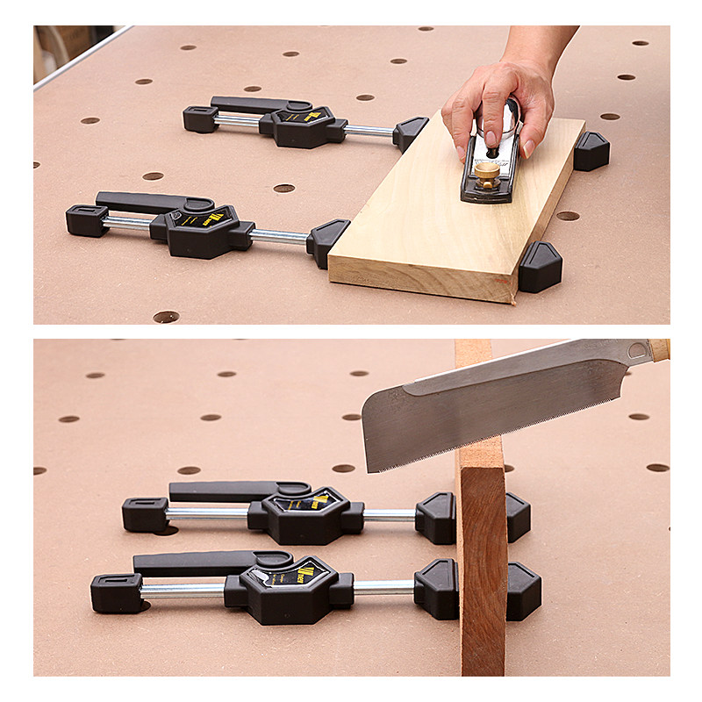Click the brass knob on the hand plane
[486, 172]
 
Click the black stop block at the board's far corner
[591, 151]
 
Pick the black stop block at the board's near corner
[540, 268]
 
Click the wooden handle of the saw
[659, 349]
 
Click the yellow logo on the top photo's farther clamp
[297, 116]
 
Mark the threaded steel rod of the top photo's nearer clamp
[279, 236]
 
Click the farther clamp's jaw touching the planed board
[409, 133]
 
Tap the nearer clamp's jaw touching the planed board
[326, 240]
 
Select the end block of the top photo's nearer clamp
[86, 220]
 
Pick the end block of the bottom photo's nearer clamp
[116, 592]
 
